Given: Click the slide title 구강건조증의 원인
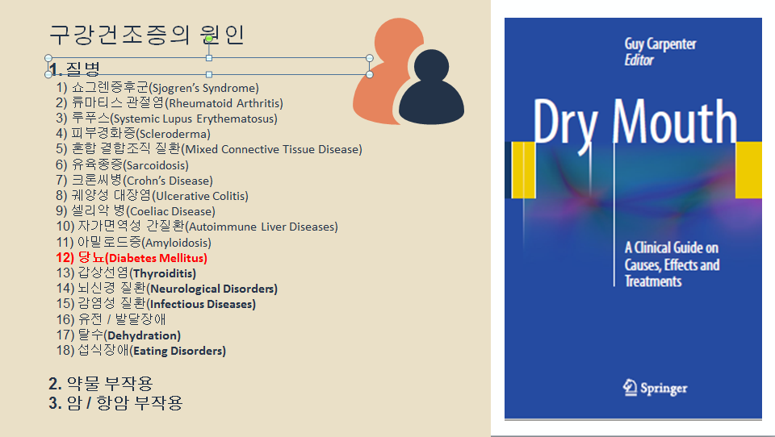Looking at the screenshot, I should [x=146, y=35].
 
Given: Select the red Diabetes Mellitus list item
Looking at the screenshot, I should [x=132, y=258].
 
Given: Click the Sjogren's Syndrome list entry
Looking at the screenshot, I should [x=157, y=88].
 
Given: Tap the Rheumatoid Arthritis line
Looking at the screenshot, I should [x=170, y=103].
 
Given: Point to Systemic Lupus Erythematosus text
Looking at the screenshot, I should [x=166, y=119].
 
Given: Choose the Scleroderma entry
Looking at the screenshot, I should [x=133, y=134].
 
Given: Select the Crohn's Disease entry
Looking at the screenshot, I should [x=134, y=181].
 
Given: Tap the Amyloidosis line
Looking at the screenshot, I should [x=133, y=243].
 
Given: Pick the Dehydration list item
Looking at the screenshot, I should [x=118, y=335].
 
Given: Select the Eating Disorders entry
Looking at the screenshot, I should [x=140, y=351].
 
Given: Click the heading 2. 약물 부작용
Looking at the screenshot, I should [x=100, y=383].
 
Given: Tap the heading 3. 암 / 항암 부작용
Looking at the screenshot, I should [x=115, y=402].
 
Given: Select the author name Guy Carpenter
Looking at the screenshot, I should [x=661, y=44].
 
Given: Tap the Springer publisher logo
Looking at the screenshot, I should [x=656, y=388].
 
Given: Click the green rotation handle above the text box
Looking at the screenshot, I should [x=209, y=39].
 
